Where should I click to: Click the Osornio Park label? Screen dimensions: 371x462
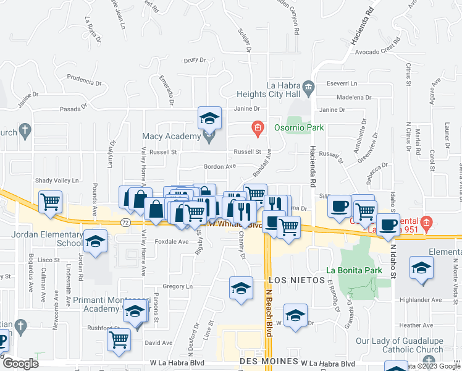[299, 127]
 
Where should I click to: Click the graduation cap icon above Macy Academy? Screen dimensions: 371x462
[209, 117]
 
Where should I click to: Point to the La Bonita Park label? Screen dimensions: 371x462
[354, 271]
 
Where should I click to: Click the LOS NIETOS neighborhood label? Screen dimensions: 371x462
[297, 280]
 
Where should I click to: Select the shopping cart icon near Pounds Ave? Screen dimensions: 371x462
[50, 201]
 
